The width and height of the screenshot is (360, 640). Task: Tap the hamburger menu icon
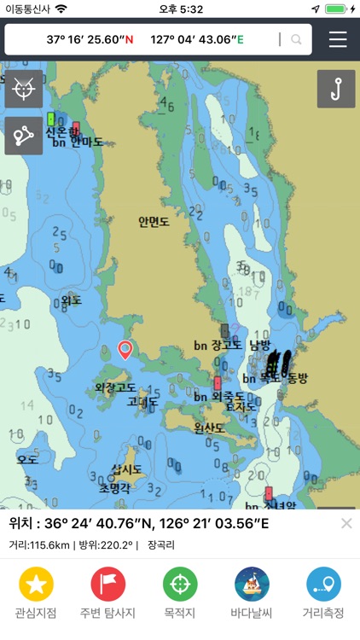pos(338,39)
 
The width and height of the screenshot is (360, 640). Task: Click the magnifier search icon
pos(296,39)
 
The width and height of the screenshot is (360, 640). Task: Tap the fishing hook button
pos(336,89)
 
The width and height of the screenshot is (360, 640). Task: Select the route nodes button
pos(23,136)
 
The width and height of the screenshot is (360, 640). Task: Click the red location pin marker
pos(125,349)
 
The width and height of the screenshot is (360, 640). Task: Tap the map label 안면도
pos(154,222)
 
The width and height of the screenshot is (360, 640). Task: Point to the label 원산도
pos(209,428)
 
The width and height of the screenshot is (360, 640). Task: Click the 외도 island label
pos(71,300)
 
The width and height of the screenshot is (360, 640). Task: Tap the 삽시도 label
pos(126,469)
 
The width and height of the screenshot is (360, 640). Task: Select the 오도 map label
pos(27,459)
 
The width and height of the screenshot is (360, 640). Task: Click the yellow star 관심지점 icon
pos(36,585)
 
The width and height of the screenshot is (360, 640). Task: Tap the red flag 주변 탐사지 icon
pos(107,585)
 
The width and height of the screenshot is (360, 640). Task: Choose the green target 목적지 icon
pos(180,585)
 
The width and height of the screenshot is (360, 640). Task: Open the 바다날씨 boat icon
pos(252,585)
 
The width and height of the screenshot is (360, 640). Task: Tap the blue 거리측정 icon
pos(323,585)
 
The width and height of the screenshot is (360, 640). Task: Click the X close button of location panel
pos(345,523)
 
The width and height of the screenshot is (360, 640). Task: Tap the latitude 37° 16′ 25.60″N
pos(90,39)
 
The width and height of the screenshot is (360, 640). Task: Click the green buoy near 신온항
pos(51,119)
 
